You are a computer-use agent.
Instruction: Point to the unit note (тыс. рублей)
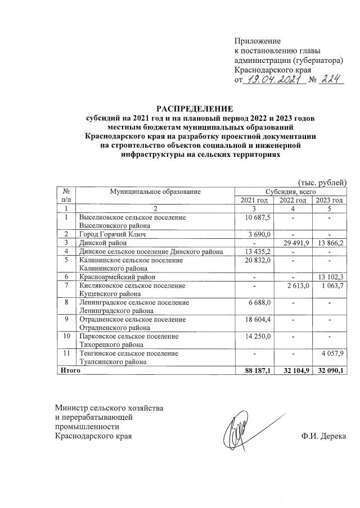[322, 182]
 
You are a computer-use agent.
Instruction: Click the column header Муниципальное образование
[156, 192]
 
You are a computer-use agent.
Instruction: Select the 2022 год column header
[293, 201]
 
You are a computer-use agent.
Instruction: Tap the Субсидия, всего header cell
[290, 192]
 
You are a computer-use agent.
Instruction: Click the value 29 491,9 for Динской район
[295, 242]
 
